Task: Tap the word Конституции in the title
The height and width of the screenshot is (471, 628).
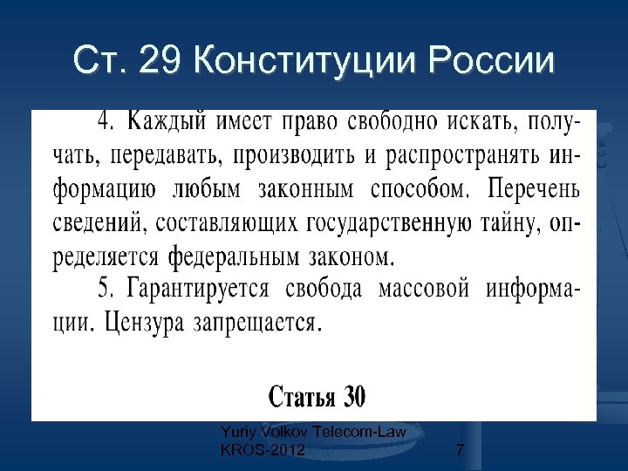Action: coord(300,61)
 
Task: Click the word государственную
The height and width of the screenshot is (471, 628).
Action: coord(413,223)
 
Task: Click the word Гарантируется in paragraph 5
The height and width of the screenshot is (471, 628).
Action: coord(201,289)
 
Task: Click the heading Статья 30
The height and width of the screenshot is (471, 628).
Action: coord(316,398)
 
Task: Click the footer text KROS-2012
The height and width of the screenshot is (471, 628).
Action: coord(263,450)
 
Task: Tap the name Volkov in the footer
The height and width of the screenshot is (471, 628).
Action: coord(283,431)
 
